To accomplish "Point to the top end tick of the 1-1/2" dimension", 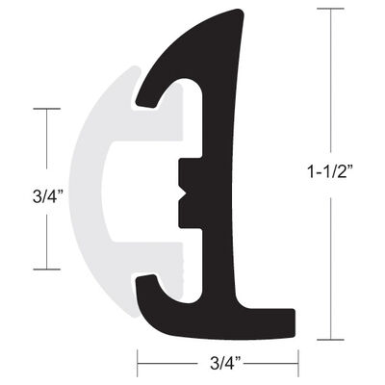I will coord(329,9).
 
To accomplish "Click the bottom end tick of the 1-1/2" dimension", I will coord(329,339).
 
